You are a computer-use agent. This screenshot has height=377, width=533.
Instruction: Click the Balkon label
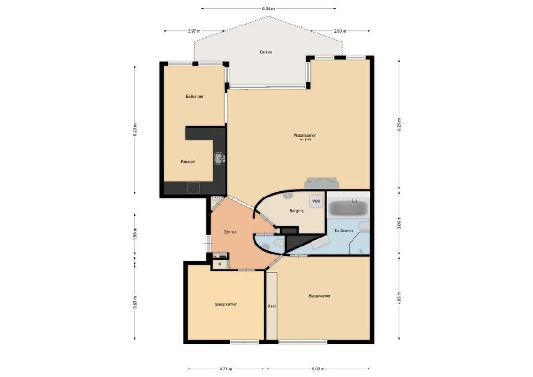(x=266, y=52)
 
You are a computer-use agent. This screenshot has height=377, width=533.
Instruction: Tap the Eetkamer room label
(x=195, y=96)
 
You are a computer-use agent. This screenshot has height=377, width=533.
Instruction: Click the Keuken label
(x=188, y=161)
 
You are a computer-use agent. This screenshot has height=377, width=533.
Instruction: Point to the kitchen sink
(x=219, y=158)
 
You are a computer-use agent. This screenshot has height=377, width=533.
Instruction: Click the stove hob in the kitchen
(x=194, y=188)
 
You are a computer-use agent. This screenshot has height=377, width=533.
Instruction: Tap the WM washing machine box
(x=316, y=201)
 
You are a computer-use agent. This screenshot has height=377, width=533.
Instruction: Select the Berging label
(x=296, y=211)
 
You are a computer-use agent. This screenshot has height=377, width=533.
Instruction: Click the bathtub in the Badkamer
(x=348, y=207)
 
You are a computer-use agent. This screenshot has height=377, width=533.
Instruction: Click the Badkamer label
(x=344, y=231)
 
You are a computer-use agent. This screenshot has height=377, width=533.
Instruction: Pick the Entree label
(x=230, y=232)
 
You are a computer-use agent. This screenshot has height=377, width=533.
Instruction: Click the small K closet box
(x=219, y=264)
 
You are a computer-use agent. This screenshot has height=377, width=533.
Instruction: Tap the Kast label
(x=271, y=306)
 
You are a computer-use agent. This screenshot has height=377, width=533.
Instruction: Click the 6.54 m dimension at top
(x=269, y=8)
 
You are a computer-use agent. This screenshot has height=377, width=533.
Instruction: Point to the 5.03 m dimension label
(x=318, y=369)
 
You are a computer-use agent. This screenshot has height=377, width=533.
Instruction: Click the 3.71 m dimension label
(x=227, y=369)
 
